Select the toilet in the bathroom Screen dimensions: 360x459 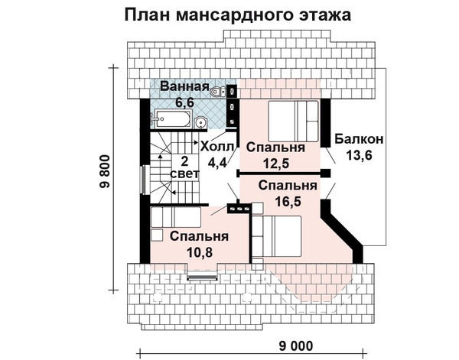[219, 92]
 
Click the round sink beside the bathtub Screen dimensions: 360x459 [200, 121]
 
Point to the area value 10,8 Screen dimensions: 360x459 [200, 251]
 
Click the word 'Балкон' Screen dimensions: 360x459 [359, 140]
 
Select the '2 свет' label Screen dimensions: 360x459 [185, 167]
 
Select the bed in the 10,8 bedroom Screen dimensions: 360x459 [175, 219]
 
